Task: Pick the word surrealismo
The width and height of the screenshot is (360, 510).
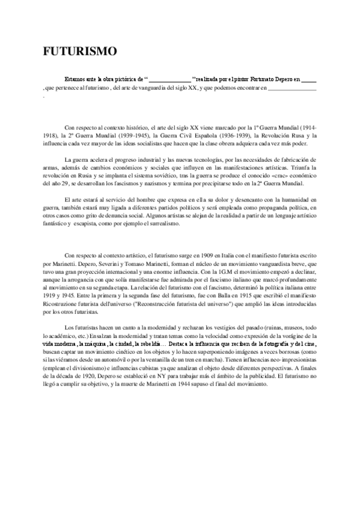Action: pos(172,223)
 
